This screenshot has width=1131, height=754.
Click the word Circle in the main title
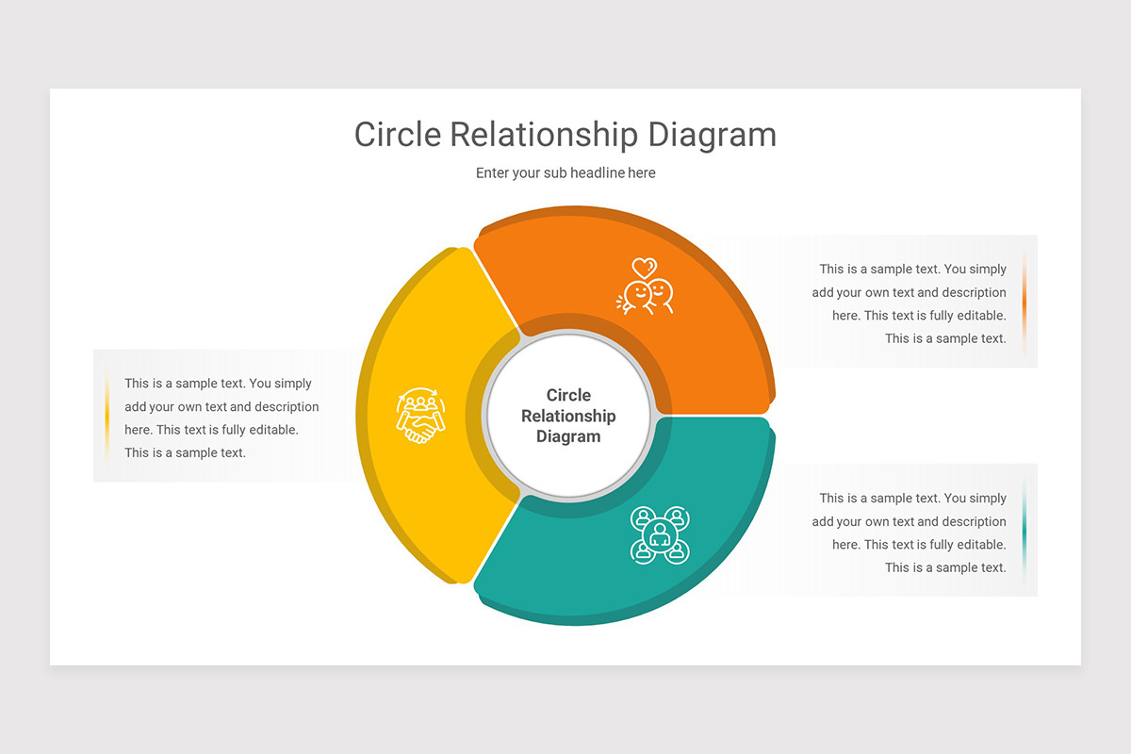coord(398,135)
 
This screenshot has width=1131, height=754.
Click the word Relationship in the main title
coord(544,136)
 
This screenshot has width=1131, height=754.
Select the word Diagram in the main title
coord(712,137)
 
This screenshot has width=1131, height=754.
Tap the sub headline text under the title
coord(565,172)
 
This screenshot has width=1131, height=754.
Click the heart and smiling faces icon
coord(645,286)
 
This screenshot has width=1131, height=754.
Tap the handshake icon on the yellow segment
coord(420,416)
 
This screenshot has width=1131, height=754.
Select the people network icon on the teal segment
coord(660,535)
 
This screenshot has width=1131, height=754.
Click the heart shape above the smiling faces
coord(645,268)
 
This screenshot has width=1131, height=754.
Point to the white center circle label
coord(568,416)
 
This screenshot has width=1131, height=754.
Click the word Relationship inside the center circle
coord(568,416)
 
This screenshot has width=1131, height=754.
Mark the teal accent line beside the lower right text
coord(1024,533)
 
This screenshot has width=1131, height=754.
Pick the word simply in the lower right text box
coord(987,499)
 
